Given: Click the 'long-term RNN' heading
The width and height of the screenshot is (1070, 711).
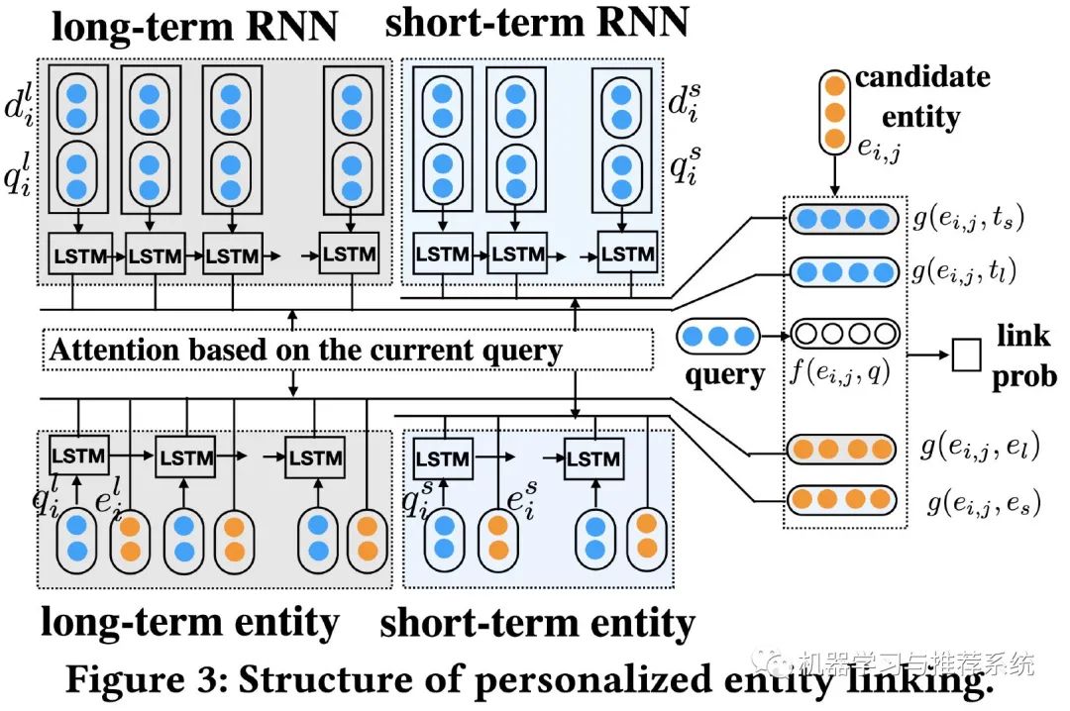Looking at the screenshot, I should (x=192, y=26).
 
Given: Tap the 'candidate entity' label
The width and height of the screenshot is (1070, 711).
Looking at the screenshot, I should (x=921, y=97).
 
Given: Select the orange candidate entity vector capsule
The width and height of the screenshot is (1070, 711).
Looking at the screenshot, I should (x=835, y=110).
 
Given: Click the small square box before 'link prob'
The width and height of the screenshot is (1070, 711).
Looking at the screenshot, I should (x=966, y=355).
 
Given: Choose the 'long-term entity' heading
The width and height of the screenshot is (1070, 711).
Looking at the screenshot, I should (x=189, y=623).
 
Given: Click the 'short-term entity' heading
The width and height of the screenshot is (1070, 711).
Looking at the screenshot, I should (x=537, y=624).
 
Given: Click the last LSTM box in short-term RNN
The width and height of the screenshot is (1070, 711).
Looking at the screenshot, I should (x=627, y=254).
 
